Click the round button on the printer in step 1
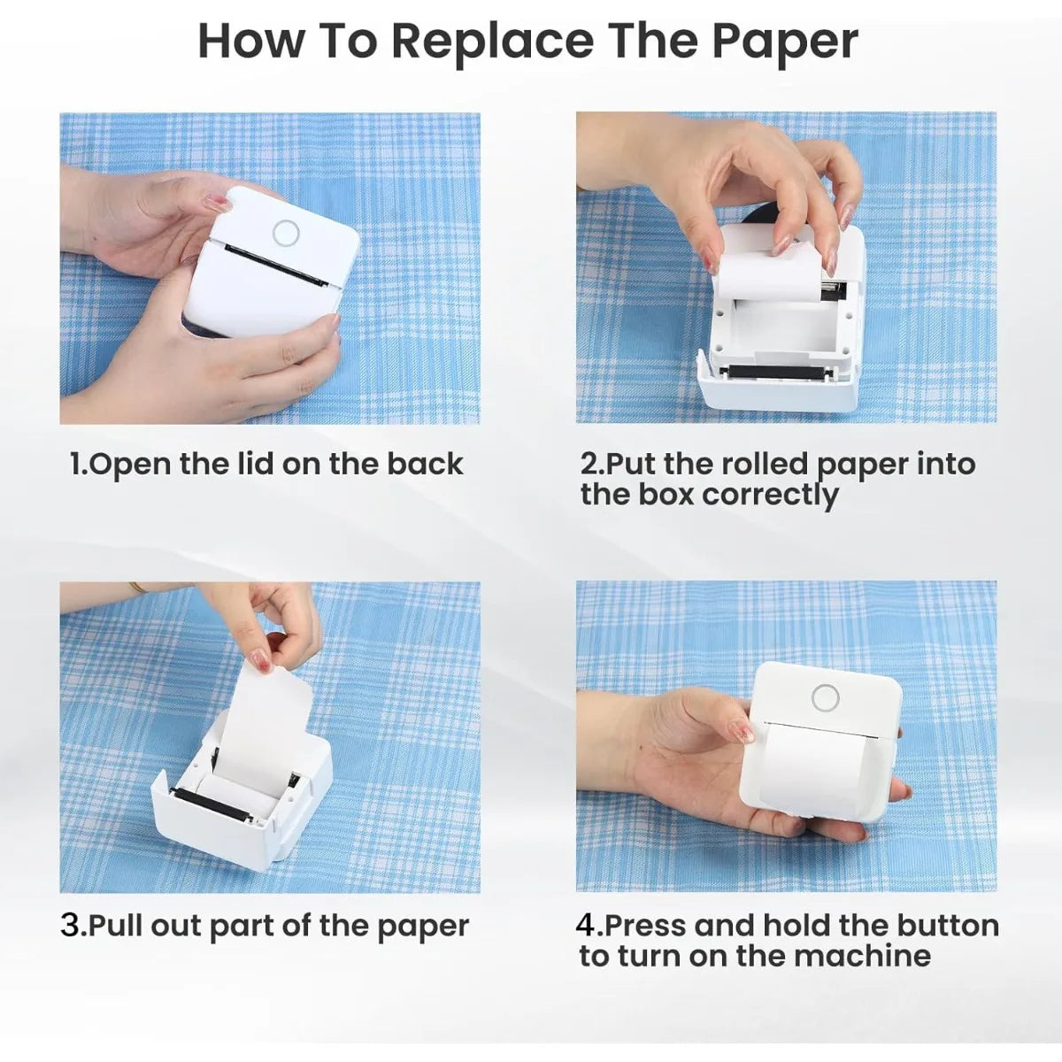tap(286, 233)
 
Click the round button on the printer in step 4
tap(825, 698)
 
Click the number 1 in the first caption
tap(76, 465)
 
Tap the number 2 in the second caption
tap(589, 464)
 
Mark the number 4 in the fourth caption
tap(586, 926)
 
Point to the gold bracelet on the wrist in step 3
tap(138, 588)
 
